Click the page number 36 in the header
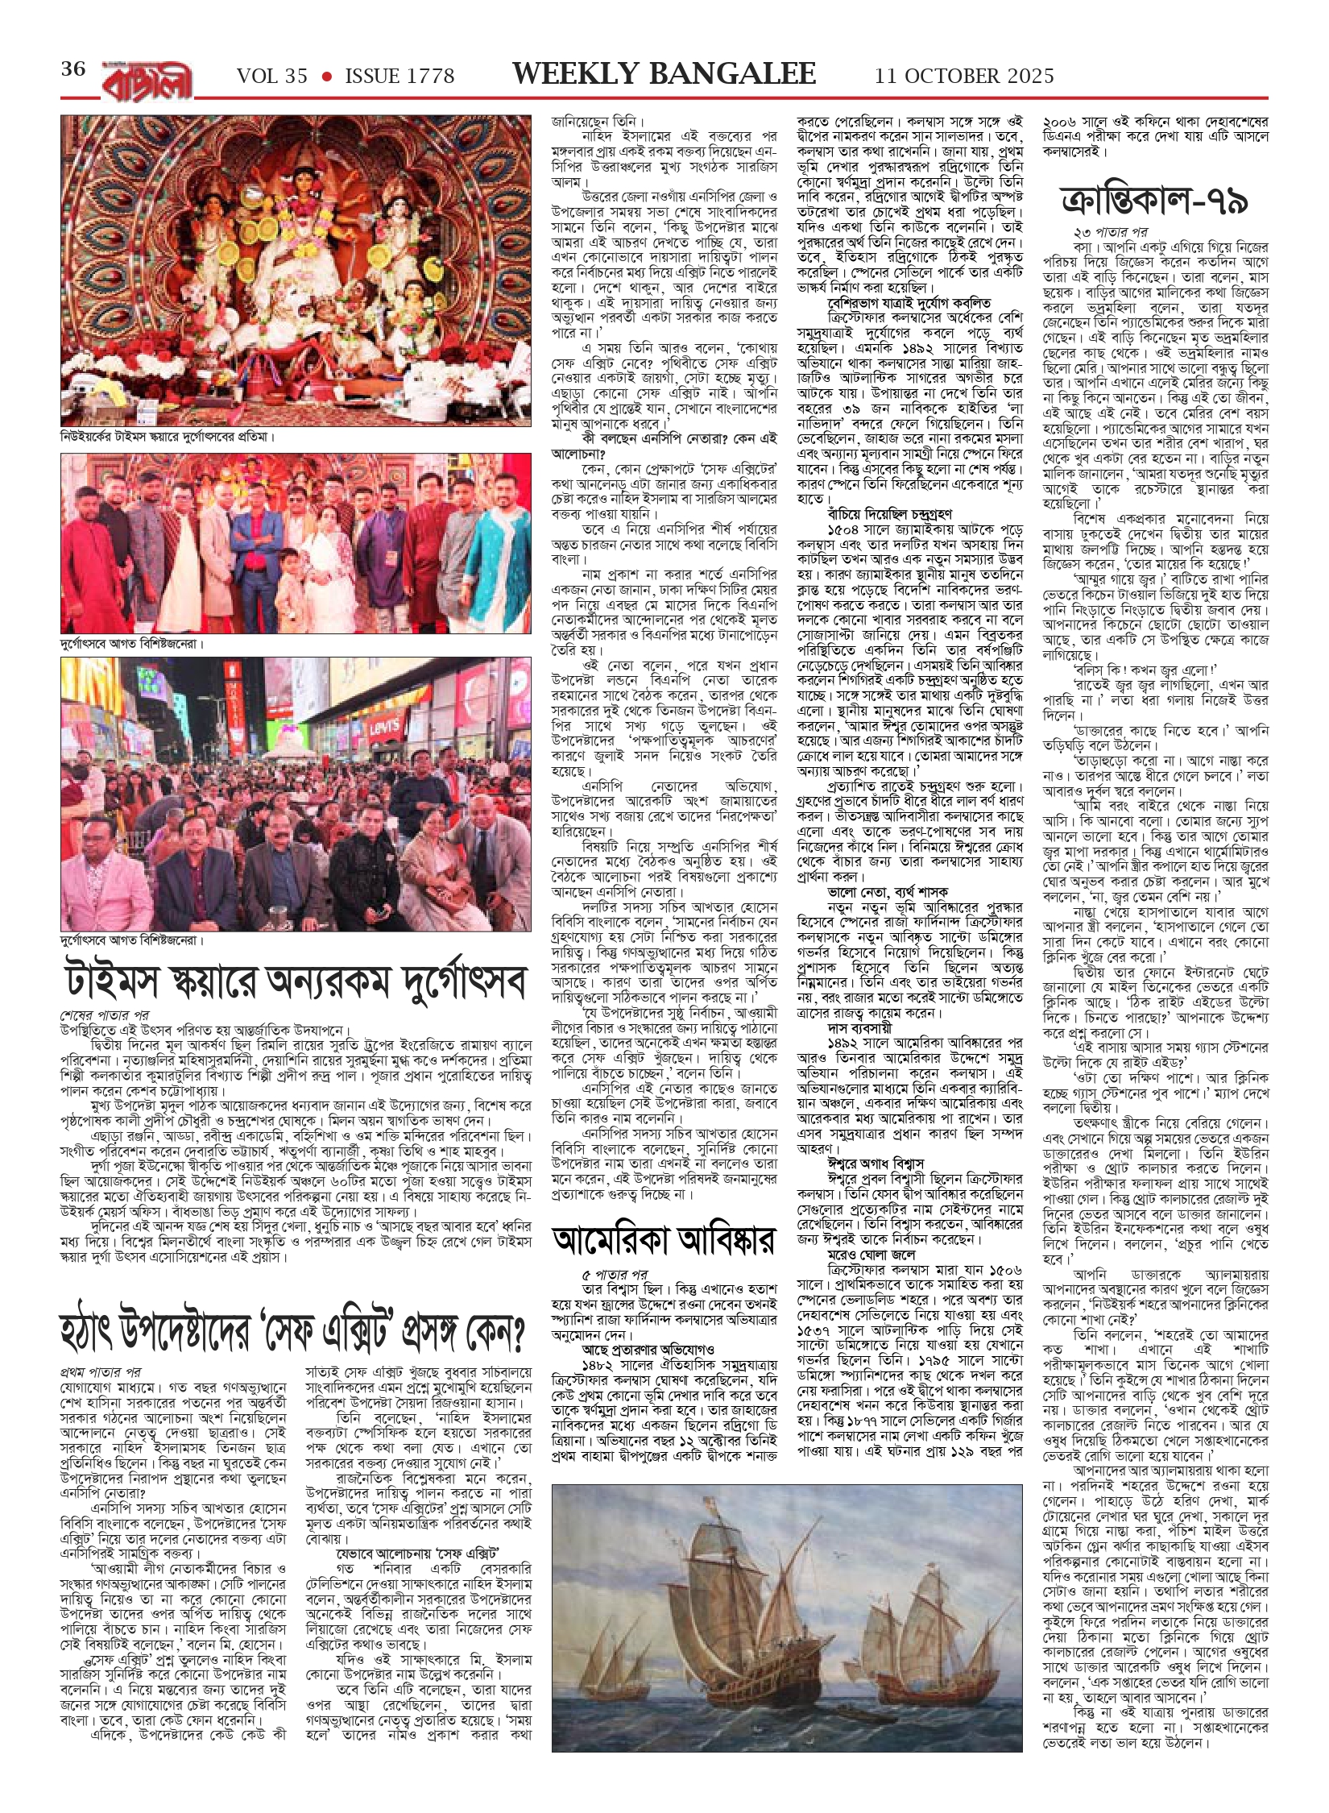(x=73, y=70)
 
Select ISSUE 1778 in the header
(x=400, y=77)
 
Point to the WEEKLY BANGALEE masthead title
(x=664, y=74)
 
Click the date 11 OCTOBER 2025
(x=964, y=77)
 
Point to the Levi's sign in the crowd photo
(x=384, y=729)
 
